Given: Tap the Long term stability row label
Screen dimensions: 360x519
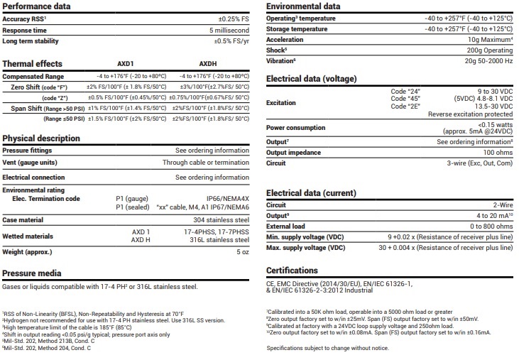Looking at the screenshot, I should pos(30,41).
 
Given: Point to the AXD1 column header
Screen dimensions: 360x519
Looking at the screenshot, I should pos(126,63).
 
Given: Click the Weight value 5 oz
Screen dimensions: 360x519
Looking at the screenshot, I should pos(241,252).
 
